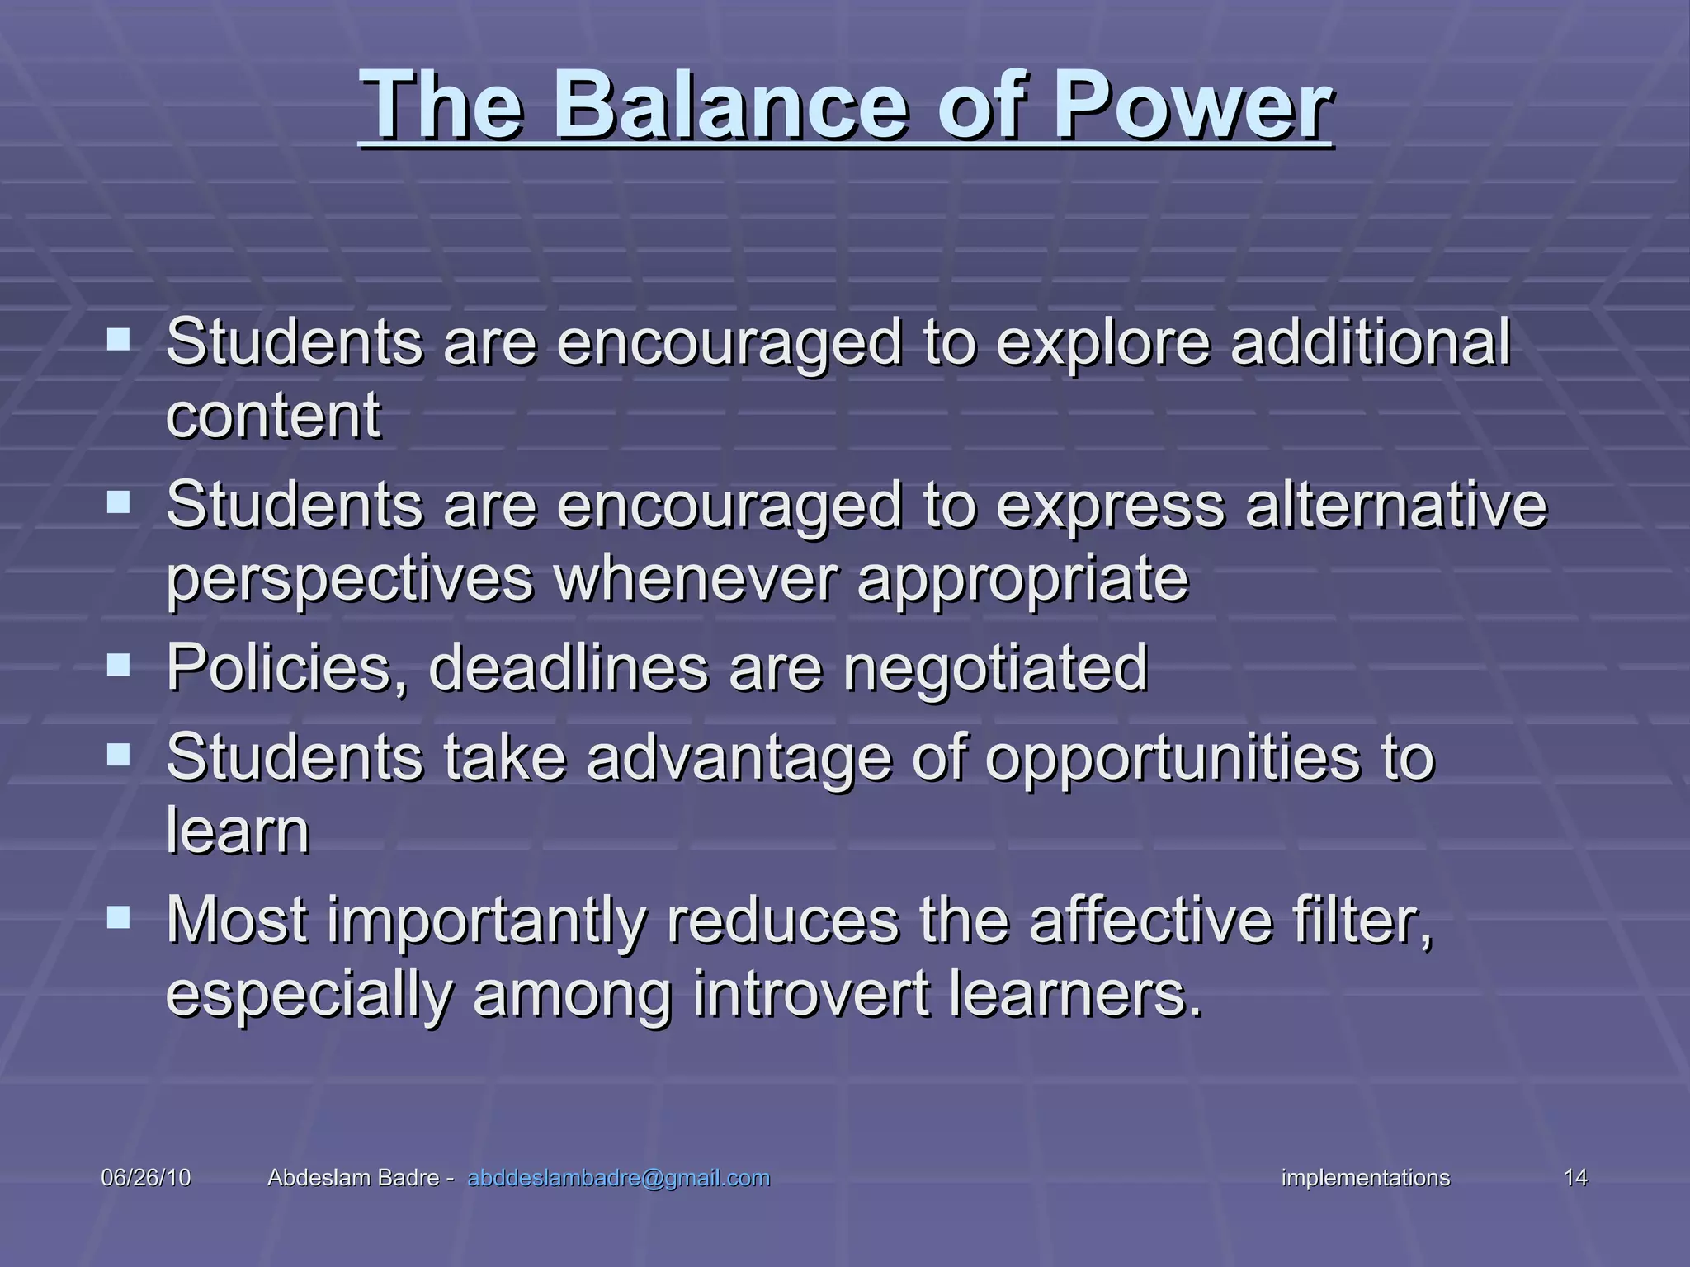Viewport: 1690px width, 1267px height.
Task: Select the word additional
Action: [x=1370, y=342]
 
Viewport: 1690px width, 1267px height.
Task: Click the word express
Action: [x=1110, y=505]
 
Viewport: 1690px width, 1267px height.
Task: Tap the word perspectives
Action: [x=350, y=579]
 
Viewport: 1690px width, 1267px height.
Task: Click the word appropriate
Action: [x=1023, y=579]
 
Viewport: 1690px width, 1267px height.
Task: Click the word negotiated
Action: [x=995, y=667]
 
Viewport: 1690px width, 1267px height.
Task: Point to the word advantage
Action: [x=739, y=758]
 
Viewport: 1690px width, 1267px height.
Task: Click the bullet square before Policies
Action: [x=118, y=664]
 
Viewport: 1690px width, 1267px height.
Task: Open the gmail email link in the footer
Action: [x=619, y=1178]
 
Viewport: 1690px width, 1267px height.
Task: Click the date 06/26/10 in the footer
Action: [x=145, y=1178]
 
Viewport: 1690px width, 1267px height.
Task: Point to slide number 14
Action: [x=1575, y=1178]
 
